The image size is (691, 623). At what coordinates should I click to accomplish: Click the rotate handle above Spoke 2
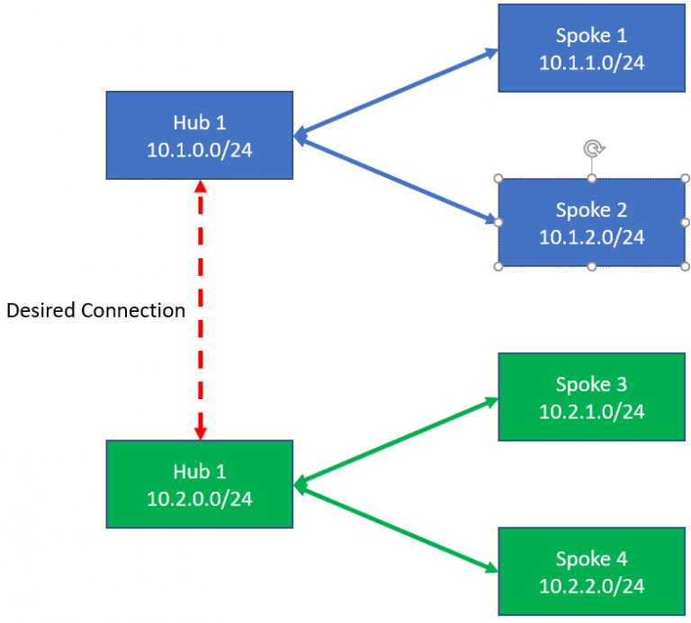pos(591,148)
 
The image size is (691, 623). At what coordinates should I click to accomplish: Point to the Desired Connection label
pos(95,311)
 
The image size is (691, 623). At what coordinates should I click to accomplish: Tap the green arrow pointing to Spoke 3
pos(396,443)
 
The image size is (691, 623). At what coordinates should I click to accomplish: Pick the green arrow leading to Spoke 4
pos(396,530)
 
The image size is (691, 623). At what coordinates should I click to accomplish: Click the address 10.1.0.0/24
pos(199,149)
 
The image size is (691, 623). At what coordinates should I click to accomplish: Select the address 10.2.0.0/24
pos(199,498)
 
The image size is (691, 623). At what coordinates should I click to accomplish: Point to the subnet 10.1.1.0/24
pos(591,63)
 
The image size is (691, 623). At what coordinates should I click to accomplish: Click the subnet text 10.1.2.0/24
pos(591,237)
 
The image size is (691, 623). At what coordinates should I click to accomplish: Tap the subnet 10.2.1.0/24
pos(591,412)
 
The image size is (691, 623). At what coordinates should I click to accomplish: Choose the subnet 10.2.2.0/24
pos(591,586)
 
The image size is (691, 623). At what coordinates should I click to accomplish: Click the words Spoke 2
pos(591,209)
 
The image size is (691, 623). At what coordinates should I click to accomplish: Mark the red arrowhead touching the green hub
pos(201,432)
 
